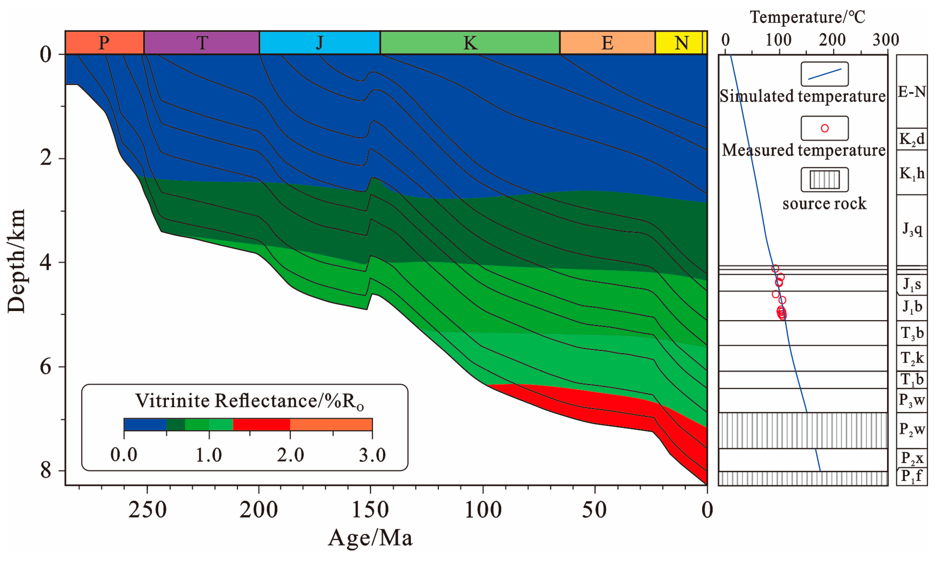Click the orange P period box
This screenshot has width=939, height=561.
click(x=104, y=43)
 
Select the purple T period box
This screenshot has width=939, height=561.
click(x=201, y=43)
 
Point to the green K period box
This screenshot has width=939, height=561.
click(x=470, y=43)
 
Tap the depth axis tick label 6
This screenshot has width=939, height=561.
click(x=46, y=366)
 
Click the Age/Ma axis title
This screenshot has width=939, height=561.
click(x=370, y=538)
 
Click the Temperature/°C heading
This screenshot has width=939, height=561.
click(x=807, y=17)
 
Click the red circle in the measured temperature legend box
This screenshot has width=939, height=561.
click(x=825, y=129)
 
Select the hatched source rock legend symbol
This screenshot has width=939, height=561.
click(x=824, y=180)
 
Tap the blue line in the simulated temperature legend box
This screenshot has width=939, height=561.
click(x=824, y=74)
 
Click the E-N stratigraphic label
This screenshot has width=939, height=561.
click(x=912, y=92)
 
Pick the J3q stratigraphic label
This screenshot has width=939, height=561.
click(x=912, y=229)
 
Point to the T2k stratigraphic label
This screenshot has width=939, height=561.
click(x=912, y=358)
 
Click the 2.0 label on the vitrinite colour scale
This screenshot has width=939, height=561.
click(x=290, y=455)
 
